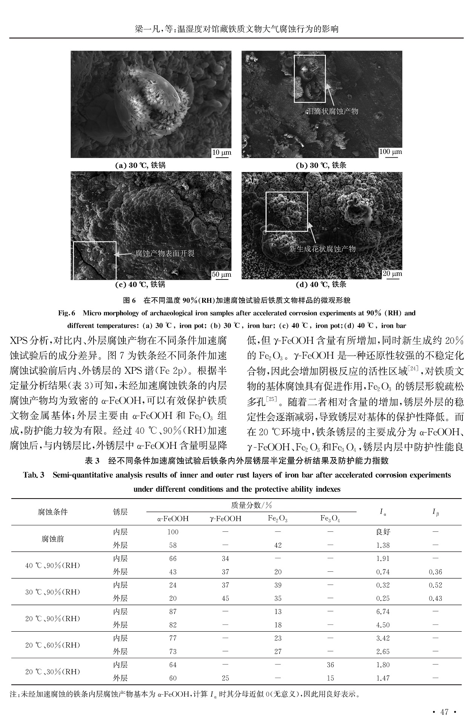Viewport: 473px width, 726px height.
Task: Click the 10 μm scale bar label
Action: tap(222, 152)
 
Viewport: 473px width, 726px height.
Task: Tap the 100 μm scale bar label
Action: tap(390, 152)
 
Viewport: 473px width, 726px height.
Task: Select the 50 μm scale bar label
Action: tap(221, 274)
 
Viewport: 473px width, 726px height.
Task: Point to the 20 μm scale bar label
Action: tap(392, 273)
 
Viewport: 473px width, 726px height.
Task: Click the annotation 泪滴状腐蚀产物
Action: tap(332, 111)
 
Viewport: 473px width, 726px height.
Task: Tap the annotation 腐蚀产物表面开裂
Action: tap(165, 253)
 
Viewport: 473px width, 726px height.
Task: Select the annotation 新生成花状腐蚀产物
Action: tap(322, 249)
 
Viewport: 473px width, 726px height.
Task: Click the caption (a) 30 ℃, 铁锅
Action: tap(140, 165)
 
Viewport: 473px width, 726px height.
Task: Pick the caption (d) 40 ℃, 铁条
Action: tap(321, 284)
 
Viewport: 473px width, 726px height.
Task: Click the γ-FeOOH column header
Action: tap(225, 519)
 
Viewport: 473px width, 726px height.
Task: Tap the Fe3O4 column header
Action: tap(330, 519)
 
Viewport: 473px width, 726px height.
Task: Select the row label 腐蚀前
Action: tap(53, 539)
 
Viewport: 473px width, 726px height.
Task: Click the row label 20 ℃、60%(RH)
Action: tap(53, 645)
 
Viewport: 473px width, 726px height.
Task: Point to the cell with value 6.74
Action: tap(383, 612)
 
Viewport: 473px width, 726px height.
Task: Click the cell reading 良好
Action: tap(383, 532)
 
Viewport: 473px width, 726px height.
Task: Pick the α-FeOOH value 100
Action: tap(173, 532)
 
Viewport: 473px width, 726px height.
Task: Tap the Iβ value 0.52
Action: tap(436, 585)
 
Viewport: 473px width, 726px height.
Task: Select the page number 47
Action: tap(444, 712)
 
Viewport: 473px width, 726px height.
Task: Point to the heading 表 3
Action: tap(92, 460)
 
